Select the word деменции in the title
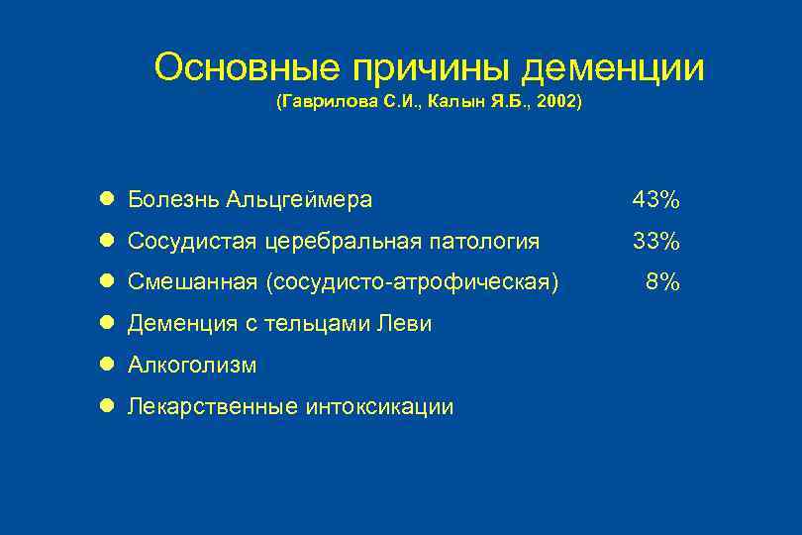pyautogui.click(x=614, y=68)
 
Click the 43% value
pyautogui.click(x=656, y=200)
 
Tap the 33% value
pyautogui.click(x=656, y=241)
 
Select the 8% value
pyautogui.click(x=662, y=282)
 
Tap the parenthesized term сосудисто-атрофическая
pyautogui.click(x=411, y=282)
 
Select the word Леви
pyautogui.click(x=409, y=324)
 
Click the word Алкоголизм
pyautogui.click(x=192, y=366)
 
